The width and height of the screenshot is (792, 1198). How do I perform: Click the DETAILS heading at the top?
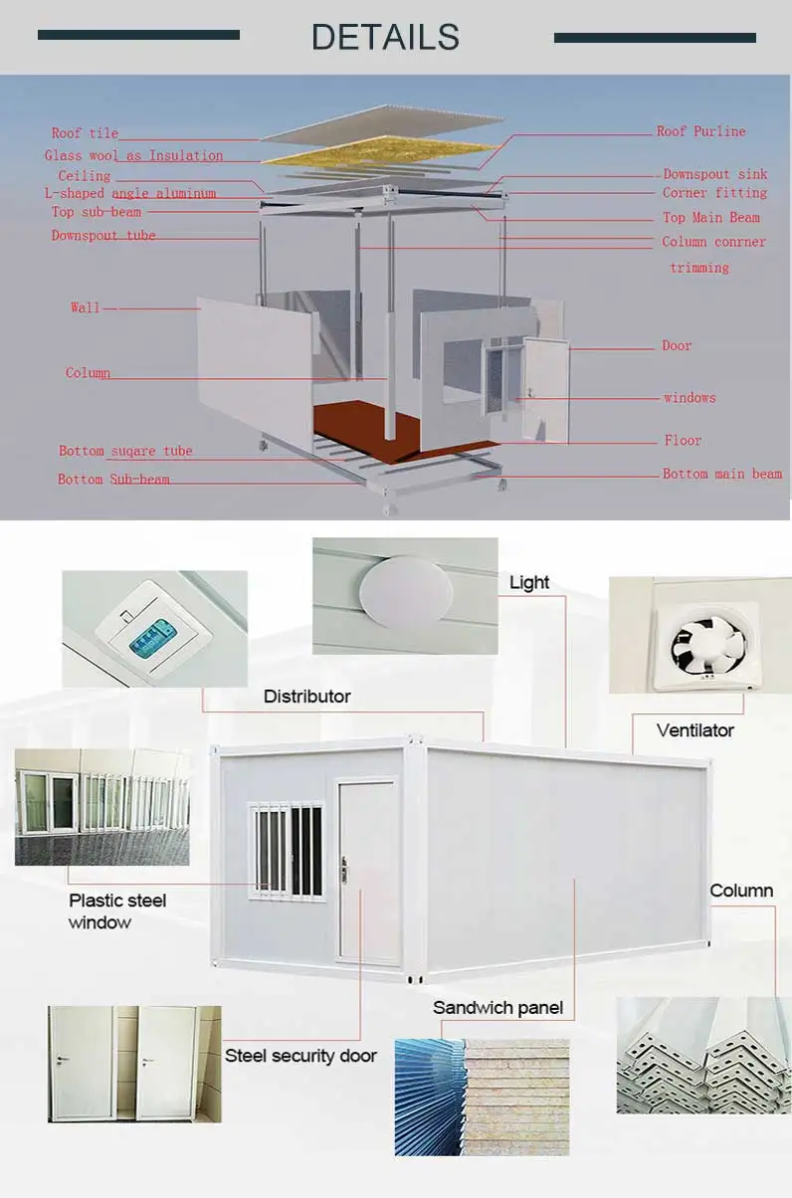(385, 37)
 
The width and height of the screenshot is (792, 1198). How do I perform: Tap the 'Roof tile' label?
(85, 133)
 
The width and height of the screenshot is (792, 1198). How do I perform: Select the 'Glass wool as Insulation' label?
(133, 155)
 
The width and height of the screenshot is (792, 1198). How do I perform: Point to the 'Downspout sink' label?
(714, 174)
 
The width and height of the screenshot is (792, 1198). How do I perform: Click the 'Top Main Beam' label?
(710, 218)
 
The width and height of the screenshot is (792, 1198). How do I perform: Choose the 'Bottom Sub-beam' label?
(112, 480)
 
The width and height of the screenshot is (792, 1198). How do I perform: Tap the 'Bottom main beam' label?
(721, 474)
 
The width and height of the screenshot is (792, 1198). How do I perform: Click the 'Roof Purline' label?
(700, 131)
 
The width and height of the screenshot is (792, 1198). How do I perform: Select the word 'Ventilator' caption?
(694, 730)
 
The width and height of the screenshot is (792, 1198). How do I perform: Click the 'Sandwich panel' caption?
(497, 1008)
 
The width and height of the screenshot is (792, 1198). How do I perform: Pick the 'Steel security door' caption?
(300, 1056)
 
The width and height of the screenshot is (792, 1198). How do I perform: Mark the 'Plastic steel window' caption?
(116, 911)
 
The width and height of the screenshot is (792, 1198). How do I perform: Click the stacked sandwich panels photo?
(482, 1098)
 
